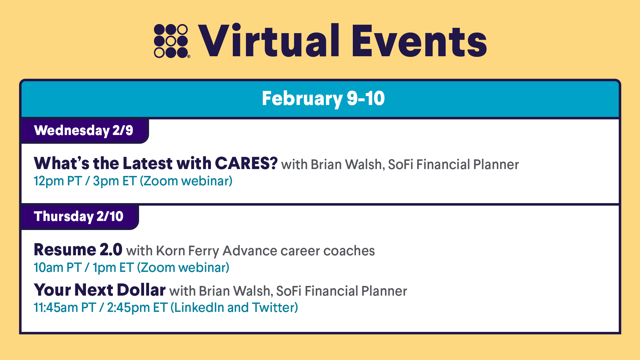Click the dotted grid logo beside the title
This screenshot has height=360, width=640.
(172, 41)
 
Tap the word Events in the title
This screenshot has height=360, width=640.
(419, 42)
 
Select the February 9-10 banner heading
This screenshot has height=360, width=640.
(323, 98)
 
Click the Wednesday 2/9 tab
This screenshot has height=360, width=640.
(84, 131)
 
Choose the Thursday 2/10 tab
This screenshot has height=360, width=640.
(79, 217)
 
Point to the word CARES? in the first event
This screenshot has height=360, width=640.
(246, 163)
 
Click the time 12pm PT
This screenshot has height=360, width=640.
(58, 181)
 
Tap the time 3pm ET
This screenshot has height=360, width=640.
(115, 181)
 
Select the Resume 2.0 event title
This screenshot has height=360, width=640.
(78, 250)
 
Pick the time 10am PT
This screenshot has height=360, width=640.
(58, 268)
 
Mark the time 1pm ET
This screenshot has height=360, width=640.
(113, 268)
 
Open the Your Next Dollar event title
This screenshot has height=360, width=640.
(100, 290)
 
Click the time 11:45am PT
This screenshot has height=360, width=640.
(65, 308)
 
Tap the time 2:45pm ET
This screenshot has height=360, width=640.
(137, 308)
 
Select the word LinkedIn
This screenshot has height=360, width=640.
(199, 307)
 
